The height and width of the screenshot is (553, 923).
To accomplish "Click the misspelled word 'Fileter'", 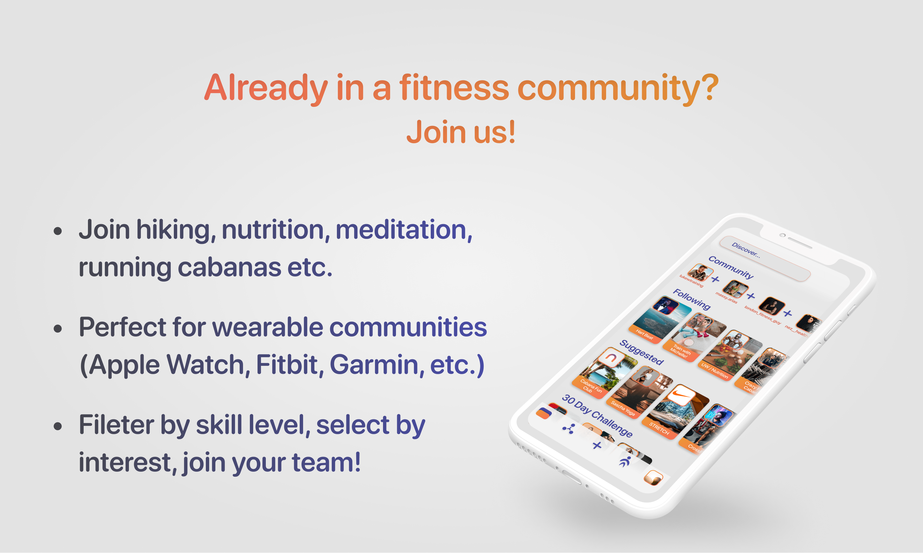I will click(116, 425).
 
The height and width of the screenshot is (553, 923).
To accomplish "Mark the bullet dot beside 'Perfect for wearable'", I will click(58, 329).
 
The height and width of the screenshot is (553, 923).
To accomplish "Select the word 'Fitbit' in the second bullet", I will click(287, 365).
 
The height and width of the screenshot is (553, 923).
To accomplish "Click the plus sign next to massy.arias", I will click(751, 296).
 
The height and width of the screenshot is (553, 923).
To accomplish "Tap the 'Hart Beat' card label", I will click(644, 334).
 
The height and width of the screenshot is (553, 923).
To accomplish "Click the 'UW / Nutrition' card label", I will click(714, 371).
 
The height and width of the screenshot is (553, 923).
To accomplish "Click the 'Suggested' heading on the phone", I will click(641, 353).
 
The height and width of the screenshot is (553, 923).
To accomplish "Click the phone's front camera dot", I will click(782, 236).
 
